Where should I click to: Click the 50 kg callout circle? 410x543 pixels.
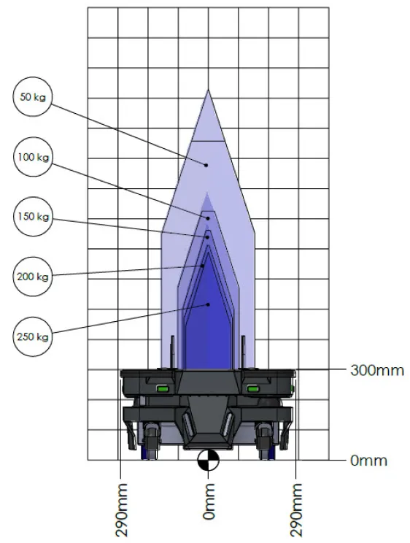point(33,96)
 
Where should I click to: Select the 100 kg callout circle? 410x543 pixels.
point(34,157)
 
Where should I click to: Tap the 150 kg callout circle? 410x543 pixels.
point(34,217)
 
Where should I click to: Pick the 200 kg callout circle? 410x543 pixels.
point(33,277)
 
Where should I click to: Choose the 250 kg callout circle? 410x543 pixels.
point(33,336)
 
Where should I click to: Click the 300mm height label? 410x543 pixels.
point(377,371)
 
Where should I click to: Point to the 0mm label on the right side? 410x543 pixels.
point(368,461)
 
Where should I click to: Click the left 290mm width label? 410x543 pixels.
point(121,509)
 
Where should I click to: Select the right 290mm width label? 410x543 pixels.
point(296,509)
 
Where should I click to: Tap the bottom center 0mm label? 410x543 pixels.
point(209,501)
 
